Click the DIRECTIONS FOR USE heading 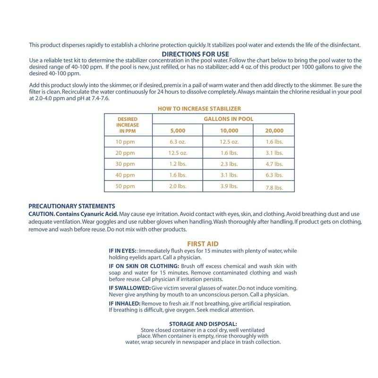[x=196, y=54]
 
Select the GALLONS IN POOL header [x=228, y=120]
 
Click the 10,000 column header [x=229, y=130]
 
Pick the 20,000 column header [x=275, y=130]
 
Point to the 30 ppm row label [x=125, y=164]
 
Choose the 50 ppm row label [x=125, y=186]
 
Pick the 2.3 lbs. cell [x=229, y=164]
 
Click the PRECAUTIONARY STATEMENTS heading [x=72, y=206]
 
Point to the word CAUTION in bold [x=42, y=214]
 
